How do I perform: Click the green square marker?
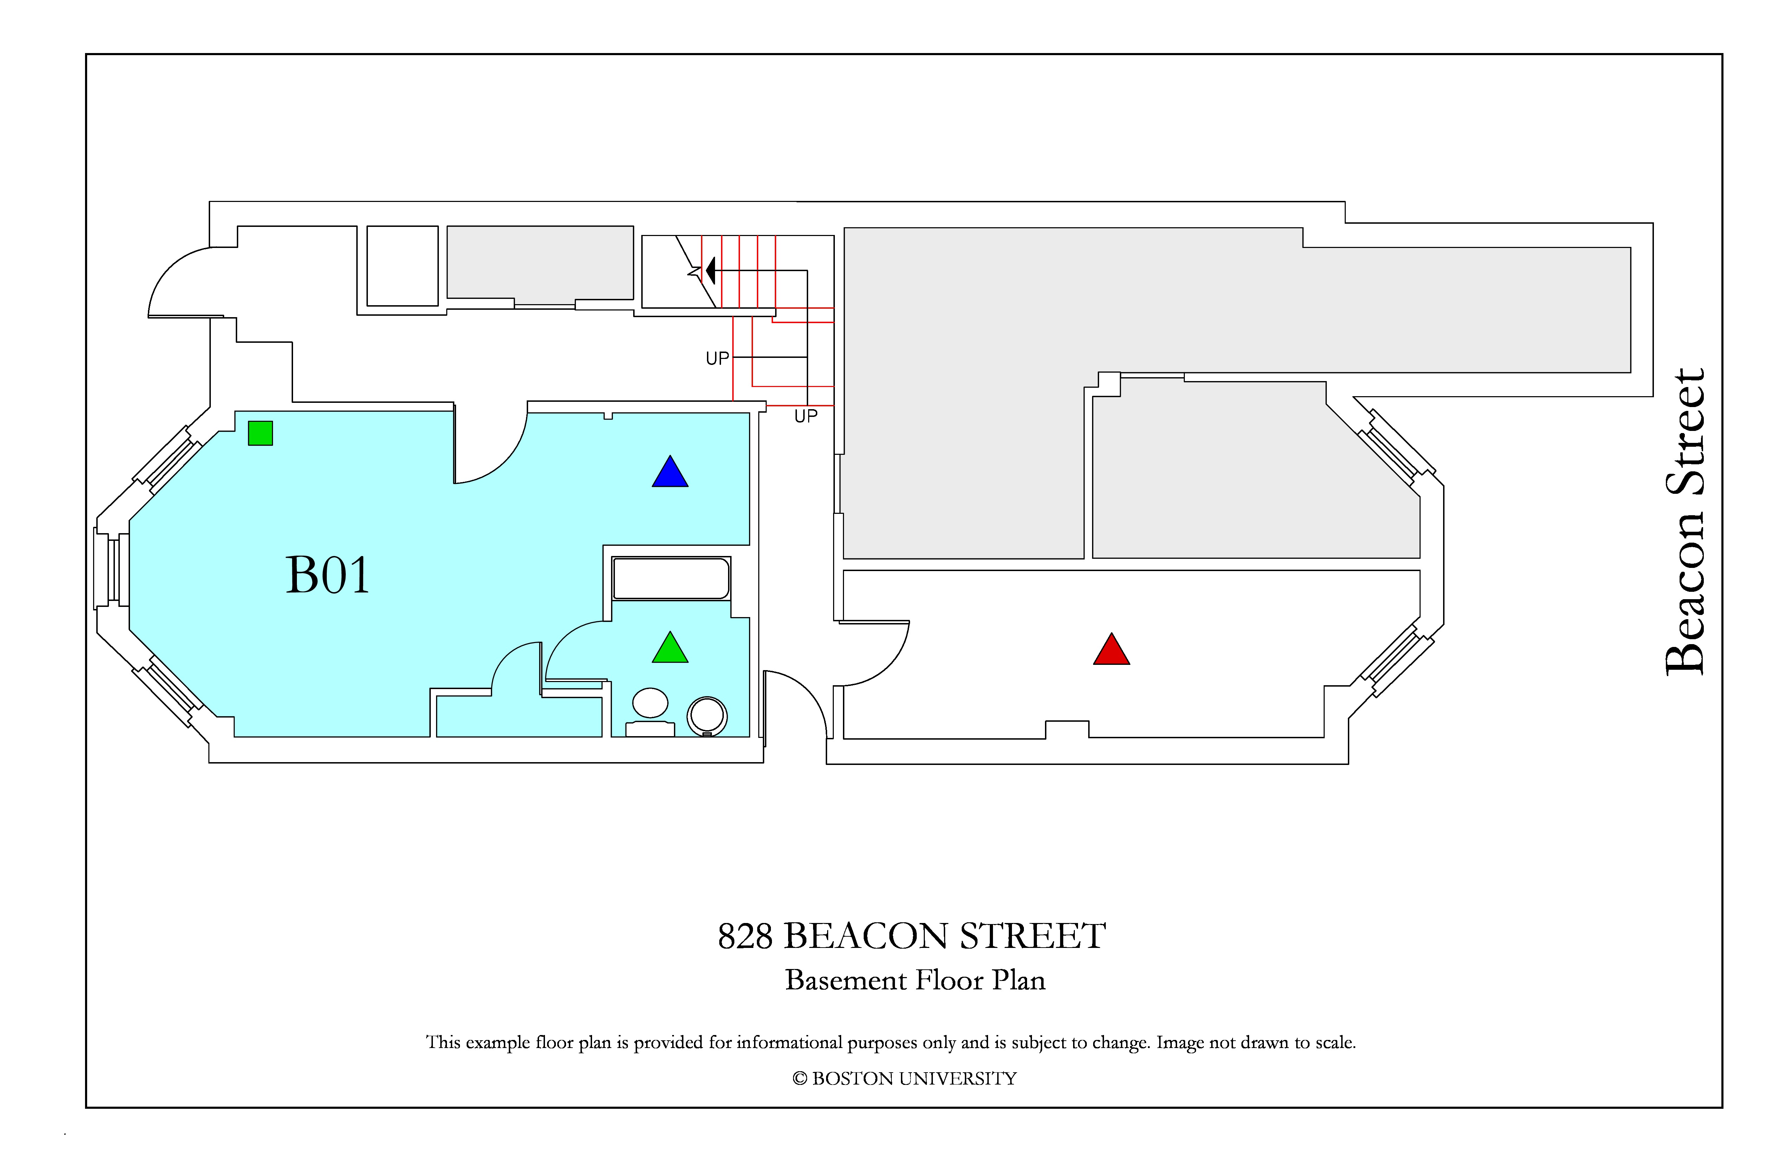260,433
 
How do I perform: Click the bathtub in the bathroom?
671,578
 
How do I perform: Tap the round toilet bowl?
707,715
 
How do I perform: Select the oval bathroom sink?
650,703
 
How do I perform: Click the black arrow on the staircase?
710,270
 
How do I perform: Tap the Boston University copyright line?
904,1079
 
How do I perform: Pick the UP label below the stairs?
806,416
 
